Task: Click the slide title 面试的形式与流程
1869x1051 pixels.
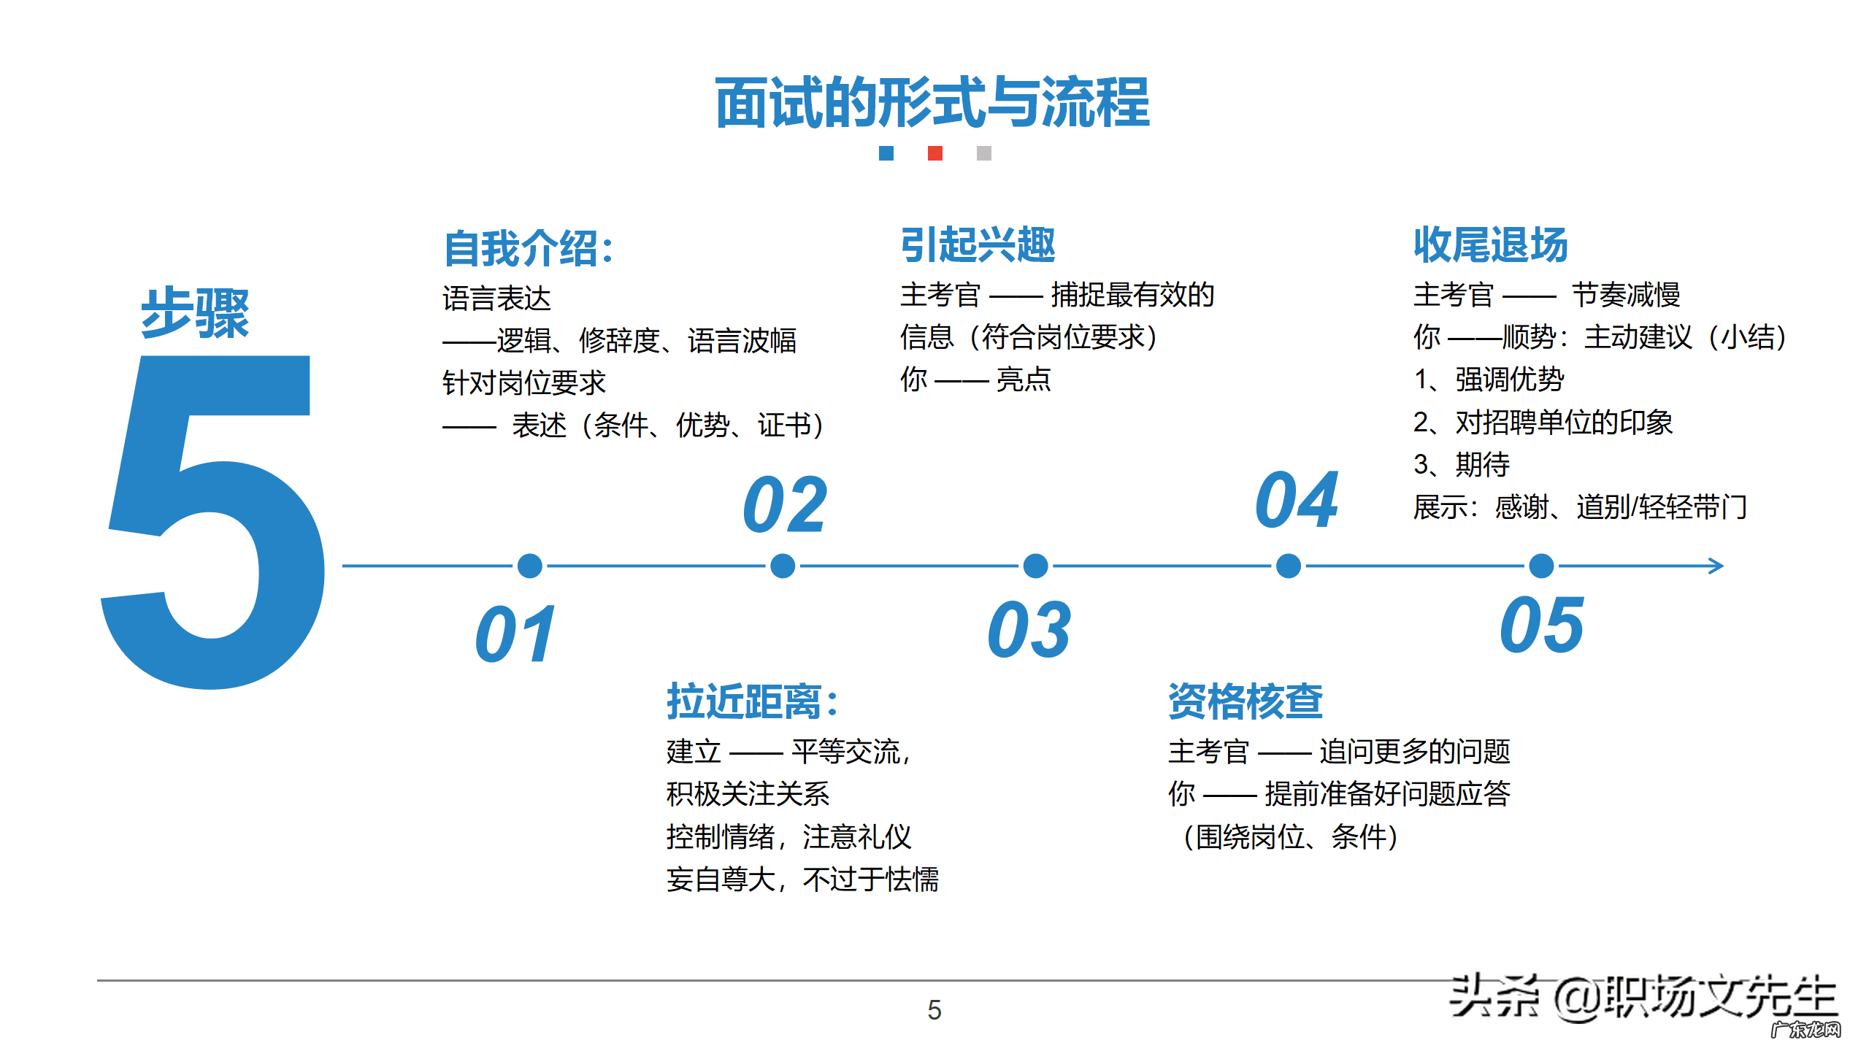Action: pyautogui.click(x=932, y=103)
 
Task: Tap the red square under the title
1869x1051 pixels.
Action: pyautogui.click(x=934, y=153)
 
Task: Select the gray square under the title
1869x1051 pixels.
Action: pyautogui.click(x=983, y=153)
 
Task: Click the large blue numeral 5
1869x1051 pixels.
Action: pyautogui.click(x=212, y=522)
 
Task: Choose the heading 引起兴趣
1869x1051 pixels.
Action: pyautogui.click(x=978, y=245)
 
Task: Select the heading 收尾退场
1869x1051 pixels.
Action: pyautogui.click(x=1490, y=245)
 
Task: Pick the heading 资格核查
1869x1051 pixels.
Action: pyautogui.click(x=1246, y=701)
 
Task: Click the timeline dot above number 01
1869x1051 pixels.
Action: pyautogui.click(x=529, y=566)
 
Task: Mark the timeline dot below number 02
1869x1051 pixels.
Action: pyautogui.click(x=783, y=566)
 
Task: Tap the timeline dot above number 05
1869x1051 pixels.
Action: pyautogui.click(x=1541, y=566)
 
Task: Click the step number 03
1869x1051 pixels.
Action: pyautogui.click(x=1029, y=630)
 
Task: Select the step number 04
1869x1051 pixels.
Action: pyautogui.click(x=1297, y=501)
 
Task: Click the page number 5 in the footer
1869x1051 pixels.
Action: pyautogui.click(x=934, y=1010)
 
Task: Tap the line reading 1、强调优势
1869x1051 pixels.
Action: pyautogui.click(x=1489, y=380)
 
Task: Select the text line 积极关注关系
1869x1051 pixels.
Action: pyautogui.click(x=748, y=794)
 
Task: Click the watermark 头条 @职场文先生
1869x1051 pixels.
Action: pyautogui.click(x=1642, y=997)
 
